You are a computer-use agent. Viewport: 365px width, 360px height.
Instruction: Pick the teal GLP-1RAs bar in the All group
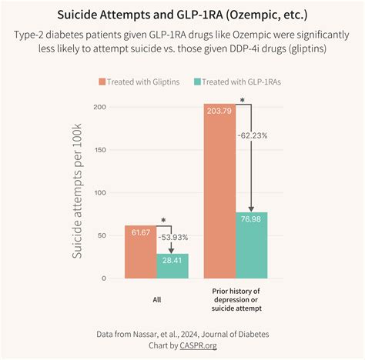[172, 265]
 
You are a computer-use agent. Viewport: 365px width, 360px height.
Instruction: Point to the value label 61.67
[141, 232]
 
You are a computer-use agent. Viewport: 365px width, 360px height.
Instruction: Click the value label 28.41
[172, 260]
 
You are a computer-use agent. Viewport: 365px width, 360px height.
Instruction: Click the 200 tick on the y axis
[98, 106]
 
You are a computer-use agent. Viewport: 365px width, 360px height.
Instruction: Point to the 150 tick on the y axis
[98, 149]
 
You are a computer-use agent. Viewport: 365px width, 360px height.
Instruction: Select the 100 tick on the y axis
[98, 192]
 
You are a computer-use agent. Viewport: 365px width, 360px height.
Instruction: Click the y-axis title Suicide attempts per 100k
[78, 192]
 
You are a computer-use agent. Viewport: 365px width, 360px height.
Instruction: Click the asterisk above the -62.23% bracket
[243, 100]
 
